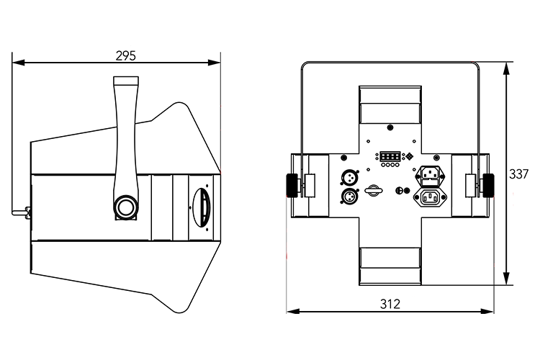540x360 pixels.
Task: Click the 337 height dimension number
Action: tap(518, 174)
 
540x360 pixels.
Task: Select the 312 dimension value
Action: tap(390, 303)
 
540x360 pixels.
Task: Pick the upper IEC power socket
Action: tap(431, 174)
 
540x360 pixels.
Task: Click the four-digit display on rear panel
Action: tap(390, 156)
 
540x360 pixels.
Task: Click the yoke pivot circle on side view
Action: tap(125, 208)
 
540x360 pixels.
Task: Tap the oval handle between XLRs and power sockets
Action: tap(372, 191)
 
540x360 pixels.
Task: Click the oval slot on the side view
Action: tap(201, 207)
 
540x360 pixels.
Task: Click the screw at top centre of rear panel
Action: tap(390, 127)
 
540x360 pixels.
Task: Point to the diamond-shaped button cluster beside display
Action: tap(410, 156)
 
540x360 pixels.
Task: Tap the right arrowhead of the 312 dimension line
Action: tap(492, 312)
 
